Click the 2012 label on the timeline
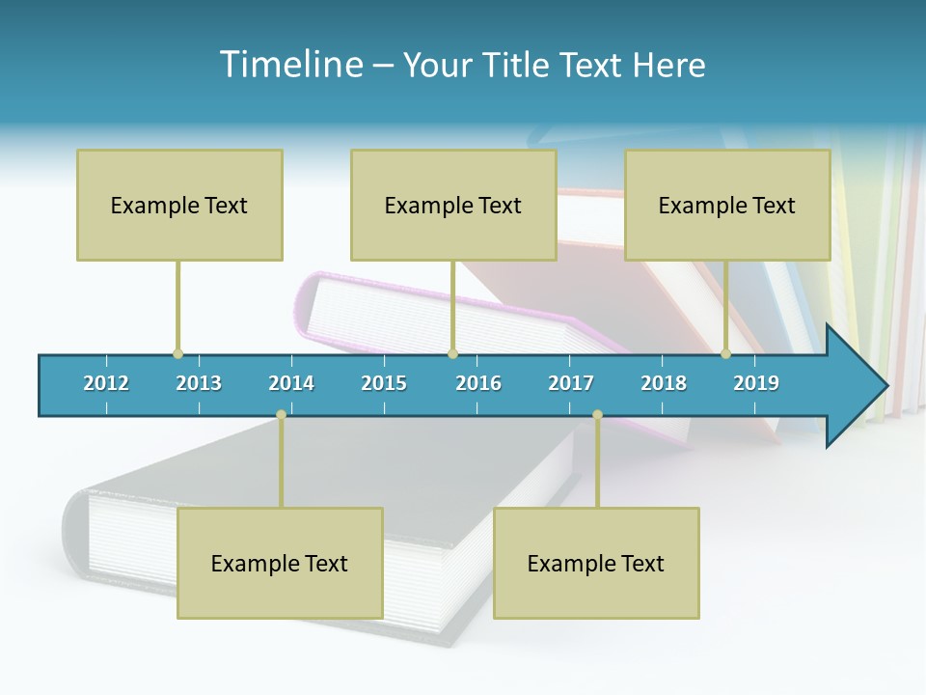pos(106,383)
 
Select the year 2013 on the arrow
pos(199,383)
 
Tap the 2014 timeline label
pos(291,383)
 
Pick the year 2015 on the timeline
pos(384,383)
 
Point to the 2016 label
pos(478,383)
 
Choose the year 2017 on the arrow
pos(571,383)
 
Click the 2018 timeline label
pos(664,383)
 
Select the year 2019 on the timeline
pos(756,383)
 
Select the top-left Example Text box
pos(179,205)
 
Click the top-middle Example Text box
pos(453,205)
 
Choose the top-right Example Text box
pos(727,205)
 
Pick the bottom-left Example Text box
pos(280,563)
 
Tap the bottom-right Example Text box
pos(596,563)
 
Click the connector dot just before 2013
pos(177,354)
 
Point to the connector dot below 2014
pos(281,415)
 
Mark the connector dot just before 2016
pos(452,354)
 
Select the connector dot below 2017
pos(597,415)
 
